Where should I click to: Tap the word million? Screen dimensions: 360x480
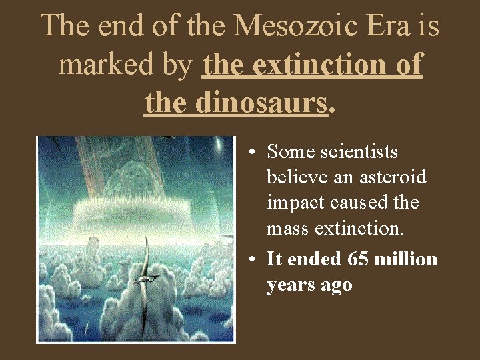(407, 259)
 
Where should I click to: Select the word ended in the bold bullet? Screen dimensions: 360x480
(314, 259)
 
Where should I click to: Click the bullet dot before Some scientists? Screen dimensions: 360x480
(248, 153)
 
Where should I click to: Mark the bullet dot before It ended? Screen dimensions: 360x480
(248, 259)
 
